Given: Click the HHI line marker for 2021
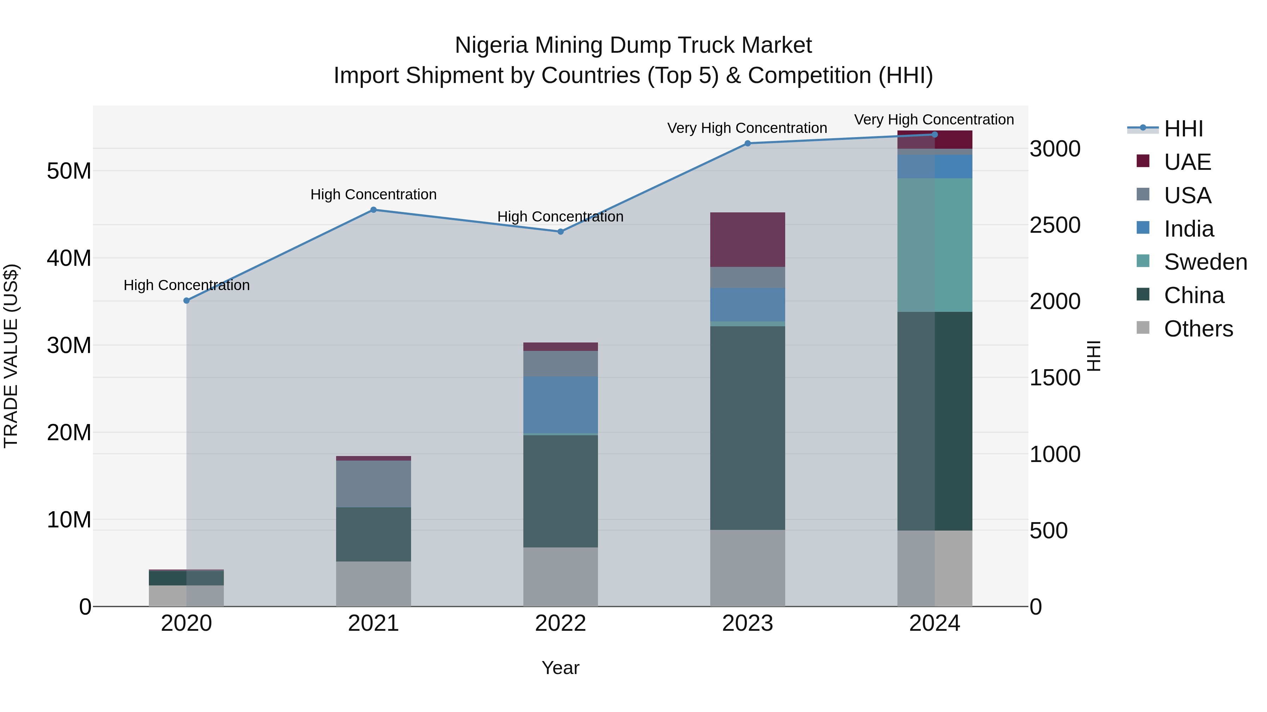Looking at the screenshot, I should click(373, 210).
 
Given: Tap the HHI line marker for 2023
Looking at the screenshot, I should click(747, 143).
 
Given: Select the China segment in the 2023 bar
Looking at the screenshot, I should click(747, 428).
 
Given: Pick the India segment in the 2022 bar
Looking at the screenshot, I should click(560, 405).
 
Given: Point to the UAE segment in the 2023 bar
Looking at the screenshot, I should click(747, 240).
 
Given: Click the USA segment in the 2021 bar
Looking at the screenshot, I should click(373, 484).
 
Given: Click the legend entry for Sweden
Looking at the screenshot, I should click(1205, 262).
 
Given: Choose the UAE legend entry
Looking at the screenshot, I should click(1187, 162).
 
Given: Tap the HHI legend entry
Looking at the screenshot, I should click(1183, 129).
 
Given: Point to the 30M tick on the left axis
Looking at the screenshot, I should click(69, 345).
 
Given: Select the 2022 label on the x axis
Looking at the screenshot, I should click(560, 623).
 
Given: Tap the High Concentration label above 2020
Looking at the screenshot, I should click(187, 285).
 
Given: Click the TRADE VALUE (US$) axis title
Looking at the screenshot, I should click(11, 356).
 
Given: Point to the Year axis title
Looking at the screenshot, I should click(560, 668).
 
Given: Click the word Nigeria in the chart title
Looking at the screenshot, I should click(492, 45).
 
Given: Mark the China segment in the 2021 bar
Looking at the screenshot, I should click(373, 534).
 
